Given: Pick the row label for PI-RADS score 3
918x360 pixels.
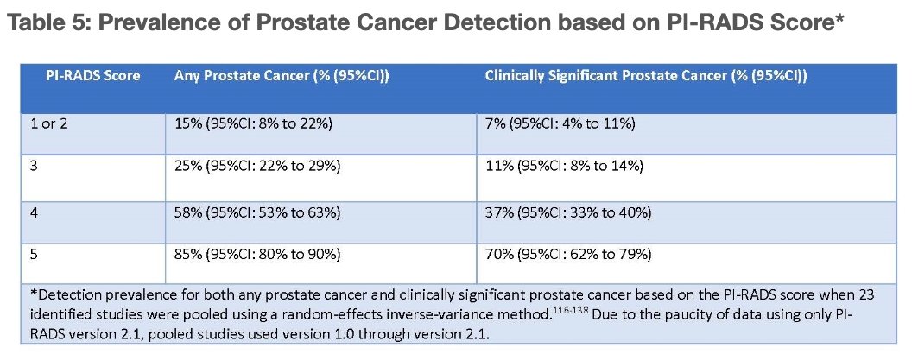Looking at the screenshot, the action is [34, 167].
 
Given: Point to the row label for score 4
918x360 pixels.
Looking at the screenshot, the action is [35, 211].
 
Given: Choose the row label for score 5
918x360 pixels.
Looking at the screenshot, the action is [34, 255].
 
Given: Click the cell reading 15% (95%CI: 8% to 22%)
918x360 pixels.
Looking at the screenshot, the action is [254, 124].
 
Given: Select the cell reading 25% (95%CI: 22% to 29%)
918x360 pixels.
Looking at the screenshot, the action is [257, 167].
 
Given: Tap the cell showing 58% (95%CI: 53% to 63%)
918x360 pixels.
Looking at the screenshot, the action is [257, 211].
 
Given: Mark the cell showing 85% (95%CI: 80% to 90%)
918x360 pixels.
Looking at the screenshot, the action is [257, 255].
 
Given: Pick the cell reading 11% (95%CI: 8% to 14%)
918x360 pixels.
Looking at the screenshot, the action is [565, 167].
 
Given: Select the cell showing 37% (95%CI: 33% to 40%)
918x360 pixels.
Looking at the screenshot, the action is [568, 211].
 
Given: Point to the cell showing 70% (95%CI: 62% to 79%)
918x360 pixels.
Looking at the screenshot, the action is [568, 255].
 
